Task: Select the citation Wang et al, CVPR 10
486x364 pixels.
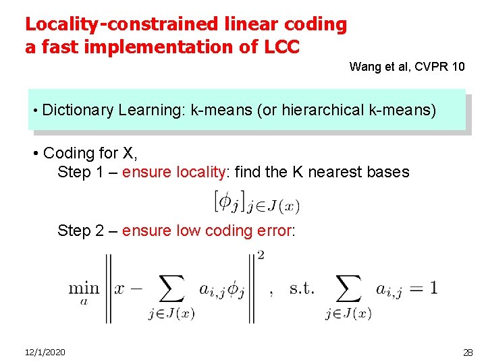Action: (x=407, y=67)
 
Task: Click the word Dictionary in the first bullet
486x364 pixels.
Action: (x=78, y=110)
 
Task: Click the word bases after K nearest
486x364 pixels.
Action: (x=387, y=172)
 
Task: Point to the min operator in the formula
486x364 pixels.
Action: (x=84, y=289)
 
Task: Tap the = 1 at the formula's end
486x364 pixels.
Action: (x=423, y=288)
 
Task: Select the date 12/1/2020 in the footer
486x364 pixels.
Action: (x=45, y=353)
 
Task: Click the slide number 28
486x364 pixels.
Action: (x=468, y=353)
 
